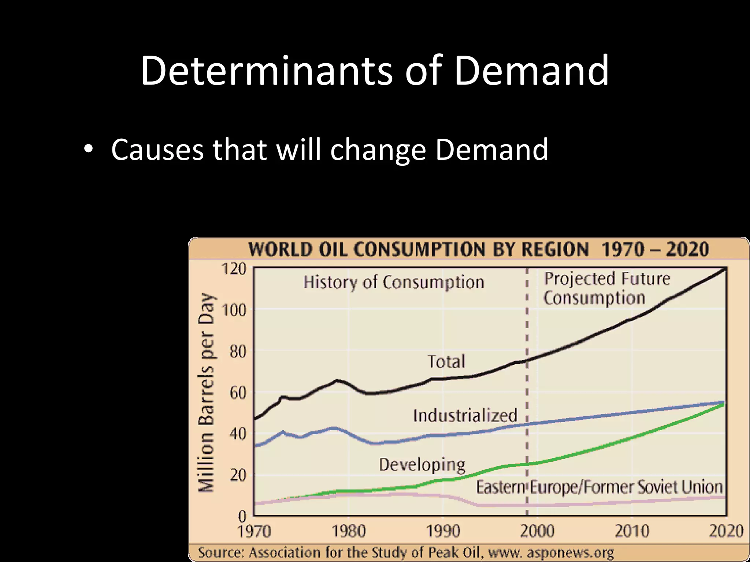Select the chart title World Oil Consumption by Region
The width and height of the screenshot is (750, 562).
(x=478, y=250)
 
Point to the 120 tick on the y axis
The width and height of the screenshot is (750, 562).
(x=234, y=269)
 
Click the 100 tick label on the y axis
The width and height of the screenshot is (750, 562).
(x=234, y=310)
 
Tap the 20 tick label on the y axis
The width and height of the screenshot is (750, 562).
(x=238, y=475)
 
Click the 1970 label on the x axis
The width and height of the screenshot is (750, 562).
(x=254, y=531)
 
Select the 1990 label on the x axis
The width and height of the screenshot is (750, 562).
(x=443, y=531)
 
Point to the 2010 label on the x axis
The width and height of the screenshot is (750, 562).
(x=632, y=531)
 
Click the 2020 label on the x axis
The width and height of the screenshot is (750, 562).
(x=726, y=531)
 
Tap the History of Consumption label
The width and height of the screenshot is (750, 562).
(x=394, y=282)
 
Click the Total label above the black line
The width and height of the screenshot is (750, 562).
(x=446, y=361)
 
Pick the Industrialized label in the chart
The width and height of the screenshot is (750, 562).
(x=465, y=415)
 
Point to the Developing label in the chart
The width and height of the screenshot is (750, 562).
(x=422, y=465)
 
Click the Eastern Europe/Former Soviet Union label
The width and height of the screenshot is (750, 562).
(x=599, y=487)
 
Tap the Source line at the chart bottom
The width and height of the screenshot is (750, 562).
(x=406, y=552)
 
